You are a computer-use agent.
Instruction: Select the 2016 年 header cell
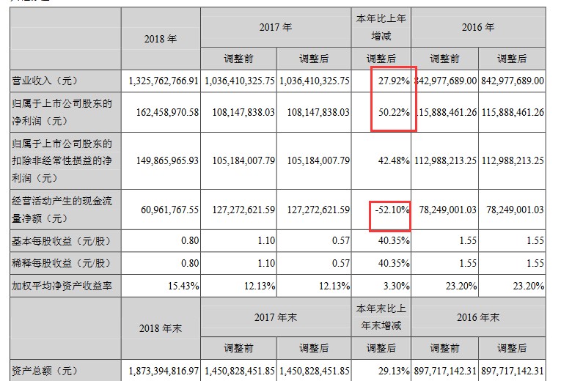479,27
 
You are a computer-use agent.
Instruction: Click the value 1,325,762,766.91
164,80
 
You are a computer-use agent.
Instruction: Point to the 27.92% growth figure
393,80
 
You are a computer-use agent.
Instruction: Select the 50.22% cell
393,113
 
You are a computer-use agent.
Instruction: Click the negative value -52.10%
391,210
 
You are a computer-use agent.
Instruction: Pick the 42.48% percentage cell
393,161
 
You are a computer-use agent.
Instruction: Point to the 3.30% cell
396,285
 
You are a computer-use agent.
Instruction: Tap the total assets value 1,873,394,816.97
164,372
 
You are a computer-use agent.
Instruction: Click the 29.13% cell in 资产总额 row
393,372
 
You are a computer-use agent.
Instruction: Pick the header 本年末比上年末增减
381,317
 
